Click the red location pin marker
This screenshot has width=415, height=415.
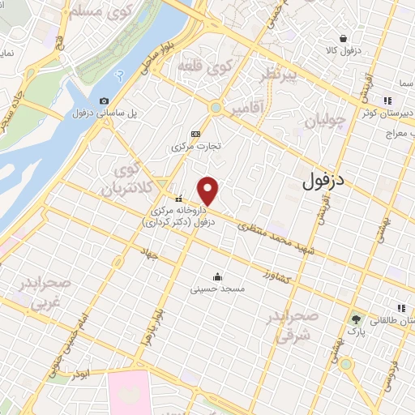[209, 190]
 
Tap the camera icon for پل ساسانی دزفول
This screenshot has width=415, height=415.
[104, 101]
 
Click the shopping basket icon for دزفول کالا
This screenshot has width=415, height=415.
[343, 38]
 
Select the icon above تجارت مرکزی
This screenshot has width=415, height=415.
[195, 134]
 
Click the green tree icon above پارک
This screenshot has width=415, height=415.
[354, 319]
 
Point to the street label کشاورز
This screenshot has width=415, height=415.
[279, 276]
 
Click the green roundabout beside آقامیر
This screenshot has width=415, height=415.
[216, 108]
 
